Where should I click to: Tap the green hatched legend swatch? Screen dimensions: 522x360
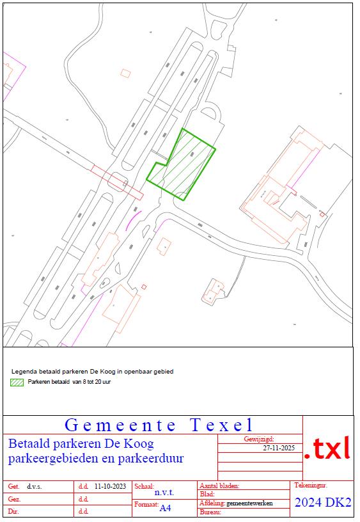click(x=17, y=383)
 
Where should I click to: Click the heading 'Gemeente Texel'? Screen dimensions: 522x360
click(x=159, y=425)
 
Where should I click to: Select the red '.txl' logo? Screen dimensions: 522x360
click(x=327, y=448)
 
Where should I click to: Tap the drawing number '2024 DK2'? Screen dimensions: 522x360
click(x=323, y=503)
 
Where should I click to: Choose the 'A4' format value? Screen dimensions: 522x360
click(x=166, y=508)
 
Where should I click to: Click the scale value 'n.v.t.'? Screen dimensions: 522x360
click(x=164, y=493)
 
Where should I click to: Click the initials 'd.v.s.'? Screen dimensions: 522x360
click(x=34, y=486)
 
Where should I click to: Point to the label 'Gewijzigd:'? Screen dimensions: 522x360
click(x=259, y=439)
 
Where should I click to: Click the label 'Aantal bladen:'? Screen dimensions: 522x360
click(x=219, y=486)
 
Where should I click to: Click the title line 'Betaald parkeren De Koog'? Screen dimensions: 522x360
click(x=81, y=443)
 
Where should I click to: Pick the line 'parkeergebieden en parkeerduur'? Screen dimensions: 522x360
click(x=96, y=459)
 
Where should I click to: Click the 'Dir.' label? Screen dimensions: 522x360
click(x=12, y=512)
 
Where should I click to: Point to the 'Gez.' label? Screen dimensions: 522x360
click(x=13, y=499)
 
